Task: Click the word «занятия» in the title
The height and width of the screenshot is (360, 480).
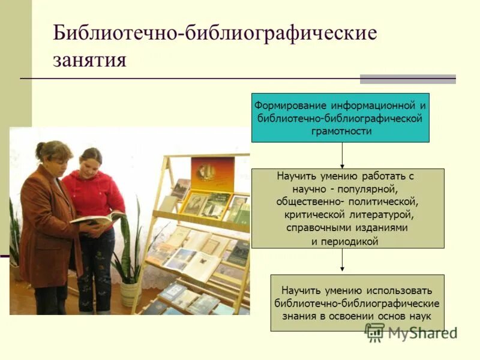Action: [90, 61]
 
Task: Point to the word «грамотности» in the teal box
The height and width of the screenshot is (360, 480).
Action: [340, 130]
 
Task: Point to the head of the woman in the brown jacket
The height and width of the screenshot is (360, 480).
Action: [53, 153]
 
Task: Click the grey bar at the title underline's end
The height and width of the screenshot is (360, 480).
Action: [407, 79]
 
